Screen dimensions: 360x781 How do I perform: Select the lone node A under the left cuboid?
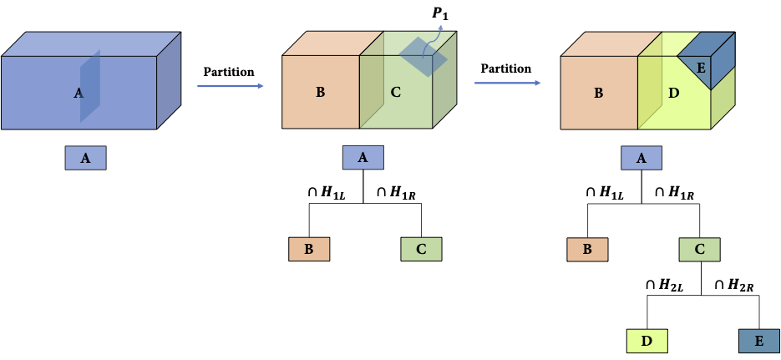tap(86, 158)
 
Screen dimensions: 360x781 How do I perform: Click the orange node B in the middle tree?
tap(309, 250)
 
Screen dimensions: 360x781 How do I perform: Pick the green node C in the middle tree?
tap(420, 250)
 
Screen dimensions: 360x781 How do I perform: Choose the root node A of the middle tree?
tap(363, 158)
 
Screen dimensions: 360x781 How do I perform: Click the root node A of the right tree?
tap(641, 158)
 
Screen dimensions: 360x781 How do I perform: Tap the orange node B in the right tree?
tap(587, 250)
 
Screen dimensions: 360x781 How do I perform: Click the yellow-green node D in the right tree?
tap(647, 341)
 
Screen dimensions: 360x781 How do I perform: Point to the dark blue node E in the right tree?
tap(758, 341)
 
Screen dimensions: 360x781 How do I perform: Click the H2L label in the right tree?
tap(665, 286)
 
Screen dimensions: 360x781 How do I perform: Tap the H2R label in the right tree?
tap(735, 286)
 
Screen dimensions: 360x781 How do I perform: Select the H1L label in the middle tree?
tap(326, 193)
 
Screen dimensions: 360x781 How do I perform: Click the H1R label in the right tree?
tap(676, 193)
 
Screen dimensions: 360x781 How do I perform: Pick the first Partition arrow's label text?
tap(229, 72)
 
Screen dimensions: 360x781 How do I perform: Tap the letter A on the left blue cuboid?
tap(79, 94)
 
